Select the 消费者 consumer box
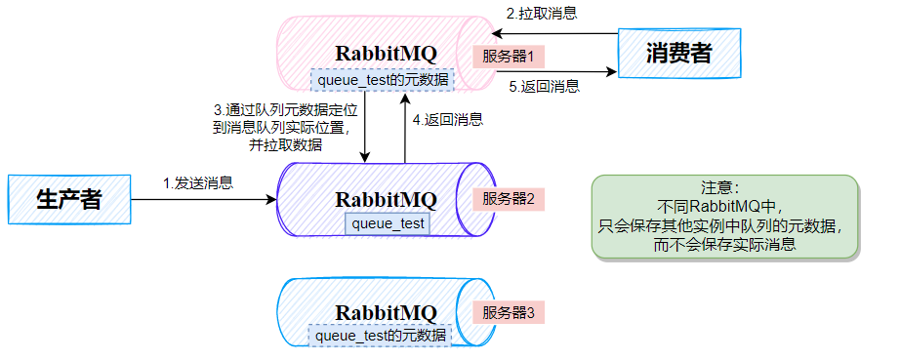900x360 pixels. [678, 54]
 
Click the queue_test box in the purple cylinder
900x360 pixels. [388, 223]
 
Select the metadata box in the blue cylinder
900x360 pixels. [382, 335]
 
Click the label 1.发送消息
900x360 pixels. [198, 182]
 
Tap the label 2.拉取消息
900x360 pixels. [541, 14]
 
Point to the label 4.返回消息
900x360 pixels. [448, 119]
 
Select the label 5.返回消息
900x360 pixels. [546, 86]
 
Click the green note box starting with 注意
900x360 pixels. [725, 217]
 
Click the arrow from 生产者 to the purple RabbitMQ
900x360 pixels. [205, 200]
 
